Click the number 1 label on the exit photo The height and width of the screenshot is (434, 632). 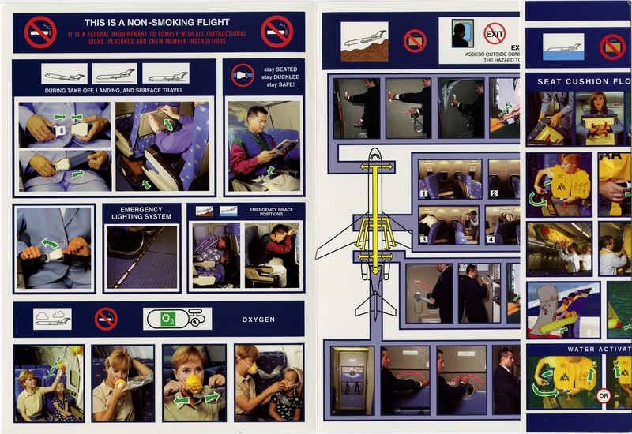click(424, 193)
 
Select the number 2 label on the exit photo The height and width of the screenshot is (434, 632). click(493, 193)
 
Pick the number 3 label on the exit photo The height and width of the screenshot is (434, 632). click(424, 239)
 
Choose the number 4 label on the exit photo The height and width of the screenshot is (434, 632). click(491, 239)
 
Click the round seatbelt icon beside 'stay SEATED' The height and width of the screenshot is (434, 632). click(242, 76)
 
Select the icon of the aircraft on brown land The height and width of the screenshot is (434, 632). click(364, 41)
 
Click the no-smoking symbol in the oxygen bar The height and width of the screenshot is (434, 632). click(106, 319)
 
